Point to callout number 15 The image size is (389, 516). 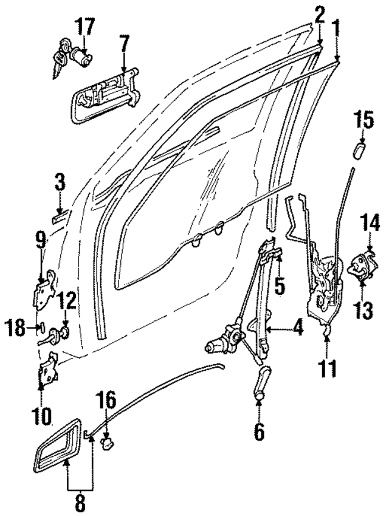click(363, 120)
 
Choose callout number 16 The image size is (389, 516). click(106, 402)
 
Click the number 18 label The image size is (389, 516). click(18, 329)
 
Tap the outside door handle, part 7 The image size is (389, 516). click(105, 95)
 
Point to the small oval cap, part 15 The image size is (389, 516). click(358, 149)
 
